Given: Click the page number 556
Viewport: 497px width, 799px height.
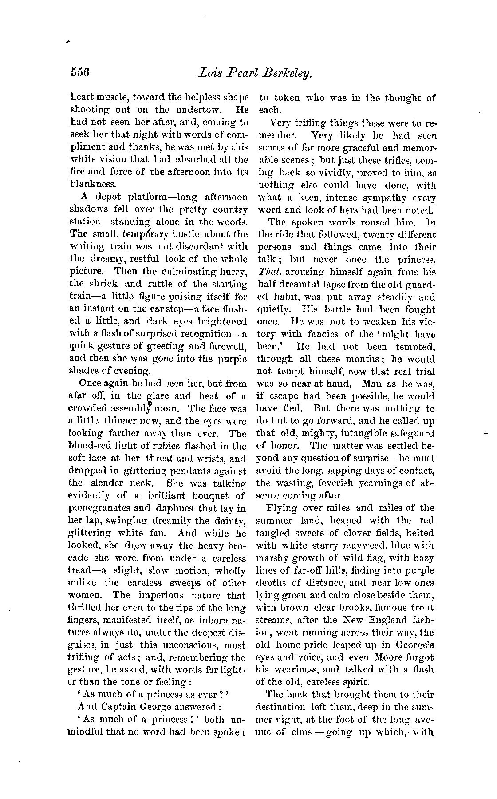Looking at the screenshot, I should [x=80, y=72].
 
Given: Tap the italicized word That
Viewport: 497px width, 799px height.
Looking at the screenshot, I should [x=266, y=272].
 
